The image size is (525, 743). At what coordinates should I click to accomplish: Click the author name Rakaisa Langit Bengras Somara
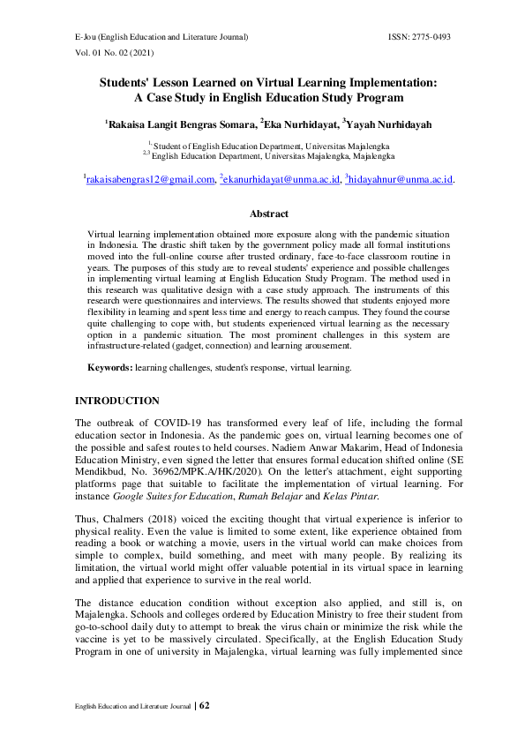[182, 125]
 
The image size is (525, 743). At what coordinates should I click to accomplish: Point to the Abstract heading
[268, 214]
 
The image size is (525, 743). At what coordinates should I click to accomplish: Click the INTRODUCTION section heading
[117, 401]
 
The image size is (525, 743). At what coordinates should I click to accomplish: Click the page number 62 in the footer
[205, 706]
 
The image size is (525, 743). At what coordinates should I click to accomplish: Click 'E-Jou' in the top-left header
[85, 37]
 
